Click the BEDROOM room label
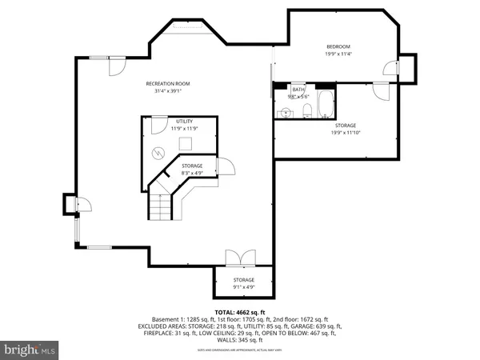pyautogui.click(x=338, y=47)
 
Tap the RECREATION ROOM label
pyautogui.click(x=167, y=83)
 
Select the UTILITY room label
pyautogui.click(x=185, y=121)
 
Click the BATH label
pyautogui.click(x=298, y=90)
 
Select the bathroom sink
pyautogui.click(x=285, y=111)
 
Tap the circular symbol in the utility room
pyautogui.click(x=158, y=152)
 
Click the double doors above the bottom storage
pyautogui.click(x=238, y=258)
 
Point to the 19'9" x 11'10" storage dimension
pyautogui.click(x=345, y=132)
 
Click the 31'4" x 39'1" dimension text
pyautogui.click(x=167, y=90)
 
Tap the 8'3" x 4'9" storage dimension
pyautogui.click(x=193, y=172)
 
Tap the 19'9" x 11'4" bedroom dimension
pyautogui.click(x=338, y=54)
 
